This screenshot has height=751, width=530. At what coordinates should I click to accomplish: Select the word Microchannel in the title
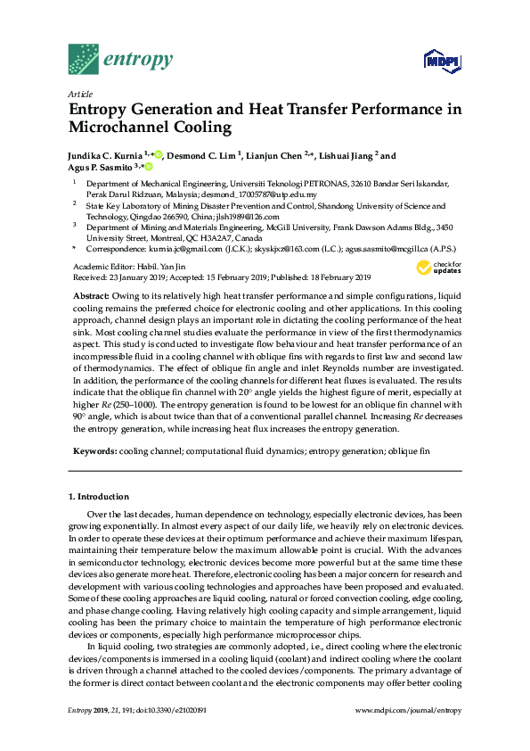[x=124, y=127]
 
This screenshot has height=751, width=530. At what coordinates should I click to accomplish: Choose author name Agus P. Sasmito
[x=100, y=167]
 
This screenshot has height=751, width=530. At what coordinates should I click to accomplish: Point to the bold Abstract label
[x=91, y=294]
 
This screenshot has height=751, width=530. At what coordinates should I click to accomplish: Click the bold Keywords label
[x=94, y=452]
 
